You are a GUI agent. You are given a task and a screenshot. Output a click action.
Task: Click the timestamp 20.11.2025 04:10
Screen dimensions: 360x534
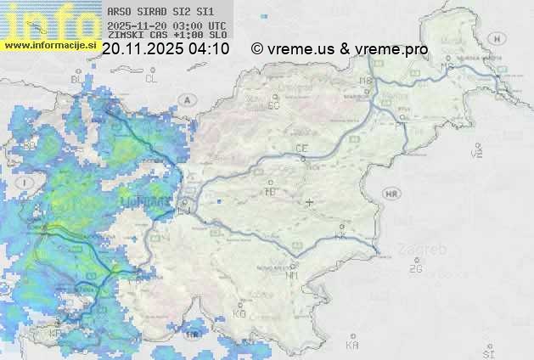tap(166, 49)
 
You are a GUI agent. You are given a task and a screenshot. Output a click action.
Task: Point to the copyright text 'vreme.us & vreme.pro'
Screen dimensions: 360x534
tap(340, 49)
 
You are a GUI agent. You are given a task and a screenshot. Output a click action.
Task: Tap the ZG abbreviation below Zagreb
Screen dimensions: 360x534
tap(415, 269)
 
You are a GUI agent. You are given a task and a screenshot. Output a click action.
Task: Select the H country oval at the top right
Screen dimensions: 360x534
tap(497, 38)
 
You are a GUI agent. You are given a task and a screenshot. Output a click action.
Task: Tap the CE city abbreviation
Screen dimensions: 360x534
tap(301, 149)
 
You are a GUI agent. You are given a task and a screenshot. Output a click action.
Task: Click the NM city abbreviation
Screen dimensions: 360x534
tap(293, 275)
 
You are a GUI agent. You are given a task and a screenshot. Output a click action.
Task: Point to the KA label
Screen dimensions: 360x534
tap(352, 345)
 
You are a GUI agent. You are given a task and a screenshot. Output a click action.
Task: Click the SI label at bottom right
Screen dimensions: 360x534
tap(487, 352)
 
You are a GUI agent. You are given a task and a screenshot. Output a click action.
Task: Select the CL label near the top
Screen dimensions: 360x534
tap(151, 79)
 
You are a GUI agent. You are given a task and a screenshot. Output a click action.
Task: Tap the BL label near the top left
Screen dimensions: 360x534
tap(76, 79)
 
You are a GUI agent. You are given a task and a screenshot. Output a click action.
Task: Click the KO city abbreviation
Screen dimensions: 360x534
tap(239, 313)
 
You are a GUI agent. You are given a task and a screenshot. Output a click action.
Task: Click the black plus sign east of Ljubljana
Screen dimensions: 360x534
tap(310, 202)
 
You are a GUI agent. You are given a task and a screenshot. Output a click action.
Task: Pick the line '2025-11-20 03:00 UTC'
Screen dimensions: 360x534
tap(166, 25)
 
